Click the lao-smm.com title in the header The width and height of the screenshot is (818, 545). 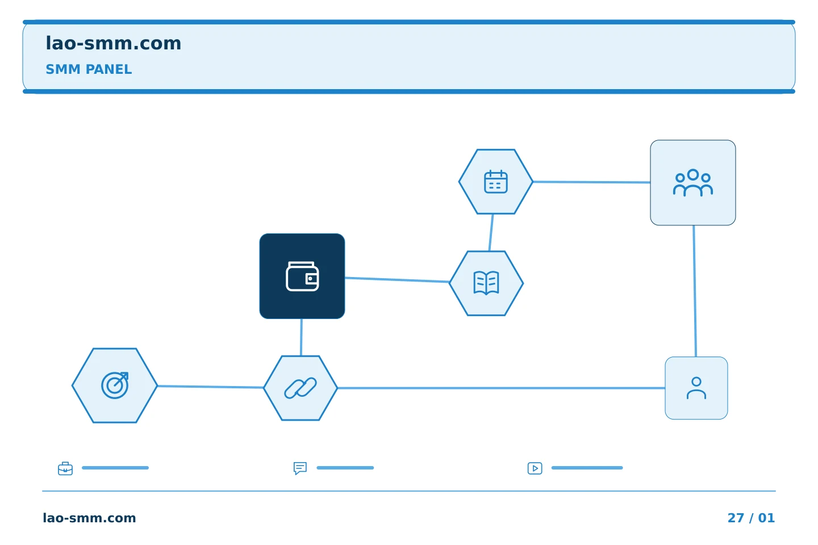click(x=113, y=44)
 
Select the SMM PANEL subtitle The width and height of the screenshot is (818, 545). click(x=89, y=69)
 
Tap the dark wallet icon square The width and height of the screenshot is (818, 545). click(x=302, y=276)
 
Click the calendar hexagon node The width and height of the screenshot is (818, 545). click(x=495, y=182)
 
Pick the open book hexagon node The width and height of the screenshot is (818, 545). click(x=486, y=283)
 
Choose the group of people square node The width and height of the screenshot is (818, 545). click(x=693, y=183)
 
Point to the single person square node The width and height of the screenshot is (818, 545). click(x=696, y=388)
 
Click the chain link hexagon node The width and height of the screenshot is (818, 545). click(x=300, y=388)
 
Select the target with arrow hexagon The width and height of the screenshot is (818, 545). click(x=115, y=385)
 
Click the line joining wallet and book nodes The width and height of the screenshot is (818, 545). click(x=397, y=280)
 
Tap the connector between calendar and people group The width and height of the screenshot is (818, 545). click(x=591, y=182)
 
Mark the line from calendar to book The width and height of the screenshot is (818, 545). click(x=491, y=233)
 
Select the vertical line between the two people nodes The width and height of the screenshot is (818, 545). click(x=695, y=291)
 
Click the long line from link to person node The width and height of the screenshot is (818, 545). click(x=501, y=388)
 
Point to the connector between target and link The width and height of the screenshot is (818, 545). click(x=211, y=387)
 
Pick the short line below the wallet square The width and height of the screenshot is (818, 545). click(x=301, y=337)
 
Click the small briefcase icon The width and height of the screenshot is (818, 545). click(x=65, y=468)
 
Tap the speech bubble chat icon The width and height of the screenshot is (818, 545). click(x=300, y=468)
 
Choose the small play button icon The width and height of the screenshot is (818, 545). click(x=535, y=468)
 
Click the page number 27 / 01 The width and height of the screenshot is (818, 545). click(x=751, y=518)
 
